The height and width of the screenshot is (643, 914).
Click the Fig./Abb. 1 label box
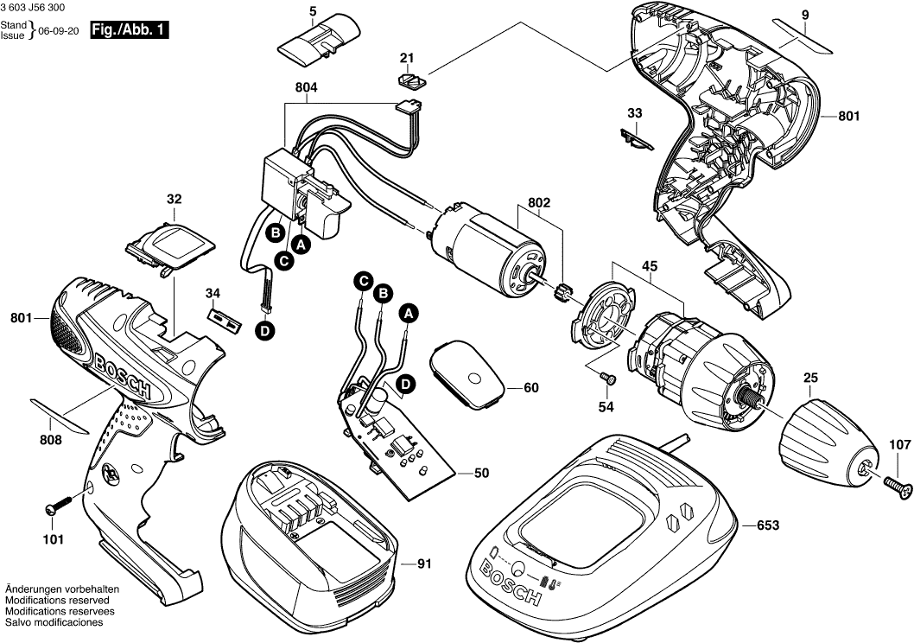129,31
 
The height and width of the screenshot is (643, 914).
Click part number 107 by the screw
900,445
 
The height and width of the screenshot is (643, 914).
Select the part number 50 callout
481,473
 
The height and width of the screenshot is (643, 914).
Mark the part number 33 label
635,113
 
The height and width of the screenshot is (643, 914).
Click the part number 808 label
51,440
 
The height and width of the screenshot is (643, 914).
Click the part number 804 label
306,87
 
